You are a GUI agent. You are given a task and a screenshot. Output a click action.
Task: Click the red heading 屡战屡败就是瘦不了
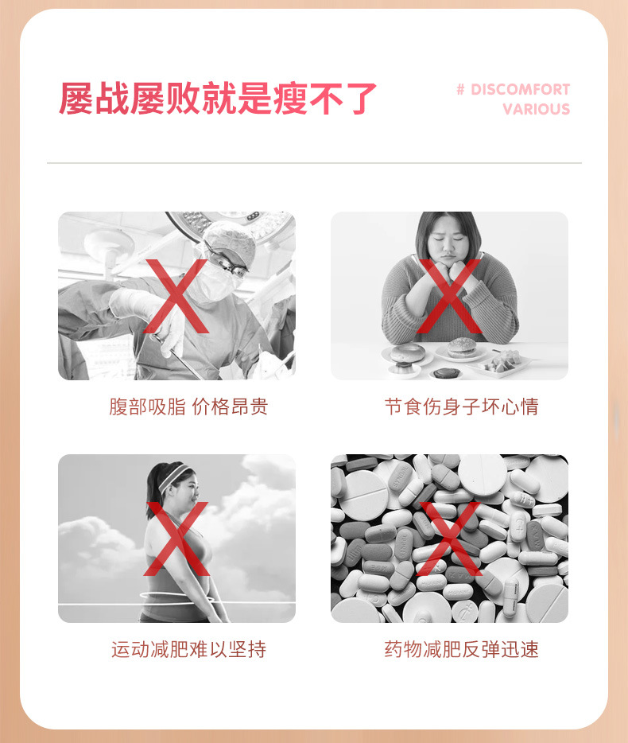click(x=217, y=98)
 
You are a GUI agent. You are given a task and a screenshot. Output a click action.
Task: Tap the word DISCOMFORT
click(x=520, y=89)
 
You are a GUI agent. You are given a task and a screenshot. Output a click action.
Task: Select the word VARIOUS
click(x=536, y=109)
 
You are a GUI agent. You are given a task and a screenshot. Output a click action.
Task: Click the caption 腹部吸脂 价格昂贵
click(x=188, y=407)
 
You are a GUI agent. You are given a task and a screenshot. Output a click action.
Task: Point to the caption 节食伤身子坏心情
click(x=461, y=407)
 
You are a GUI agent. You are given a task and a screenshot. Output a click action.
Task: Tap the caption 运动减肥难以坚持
click(x=188, y=649)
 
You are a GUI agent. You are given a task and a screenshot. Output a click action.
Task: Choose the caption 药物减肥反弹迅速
click(x=461, y=649)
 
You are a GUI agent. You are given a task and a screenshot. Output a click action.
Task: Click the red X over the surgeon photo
click(x=176, y=296)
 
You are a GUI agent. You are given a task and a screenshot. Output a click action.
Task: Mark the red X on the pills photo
click(x=449, y=539)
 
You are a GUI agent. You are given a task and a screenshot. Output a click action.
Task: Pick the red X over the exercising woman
click(x=176, y=539)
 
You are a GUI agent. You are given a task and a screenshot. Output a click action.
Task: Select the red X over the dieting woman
click(x=449, y=296)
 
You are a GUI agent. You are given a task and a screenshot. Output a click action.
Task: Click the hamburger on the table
click(x=461, y=348)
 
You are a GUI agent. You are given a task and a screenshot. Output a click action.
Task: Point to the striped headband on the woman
click(x=174, y=477)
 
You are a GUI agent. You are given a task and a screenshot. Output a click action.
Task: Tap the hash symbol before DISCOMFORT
click(x=460, y=89)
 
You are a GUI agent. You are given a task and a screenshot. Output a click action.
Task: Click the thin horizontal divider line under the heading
click(x=314, y=163)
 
